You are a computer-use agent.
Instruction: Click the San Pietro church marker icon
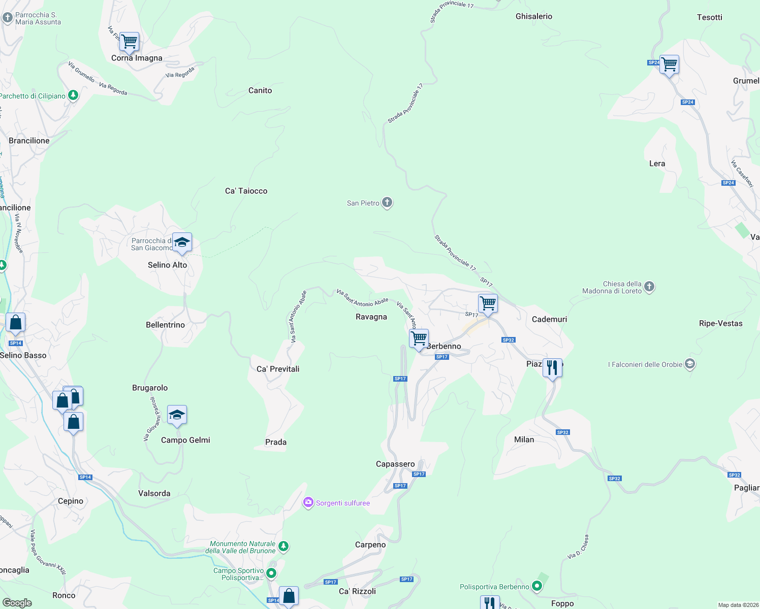(x=387, y=203)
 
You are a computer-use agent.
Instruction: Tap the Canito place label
(x=260, y=90)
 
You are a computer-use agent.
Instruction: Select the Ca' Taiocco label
(x=246, y=191)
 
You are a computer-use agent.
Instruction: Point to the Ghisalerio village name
(x=533, y=16)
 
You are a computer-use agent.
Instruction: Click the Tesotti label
(x=709, y=17)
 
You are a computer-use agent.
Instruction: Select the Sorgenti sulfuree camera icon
(x=308, y=502)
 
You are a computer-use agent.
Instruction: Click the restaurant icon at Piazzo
(x=552, y=367)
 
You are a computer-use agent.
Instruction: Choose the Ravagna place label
(x=371, y=317)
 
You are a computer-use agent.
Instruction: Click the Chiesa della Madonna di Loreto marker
(x=649, y=287)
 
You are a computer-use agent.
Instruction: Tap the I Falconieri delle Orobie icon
(x=689, y=364)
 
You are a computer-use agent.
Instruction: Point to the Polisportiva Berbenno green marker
(x=536, y=587)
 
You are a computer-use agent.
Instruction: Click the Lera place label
(x=657, y=163)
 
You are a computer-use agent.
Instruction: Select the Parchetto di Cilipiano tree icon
(x=73, y=95)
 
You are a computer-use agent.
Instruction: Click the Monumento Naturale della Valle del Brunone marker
(x=283, y=547)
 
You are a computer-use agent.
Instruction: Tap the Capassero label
(x=395, y=464)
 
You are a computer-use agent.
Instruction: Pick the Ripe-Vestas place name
(x=720, y=323)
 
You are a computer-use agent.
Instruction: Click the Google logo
(x=17, y=602)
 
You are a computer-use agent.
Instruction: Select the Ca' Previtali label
(x=278, y=369)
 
